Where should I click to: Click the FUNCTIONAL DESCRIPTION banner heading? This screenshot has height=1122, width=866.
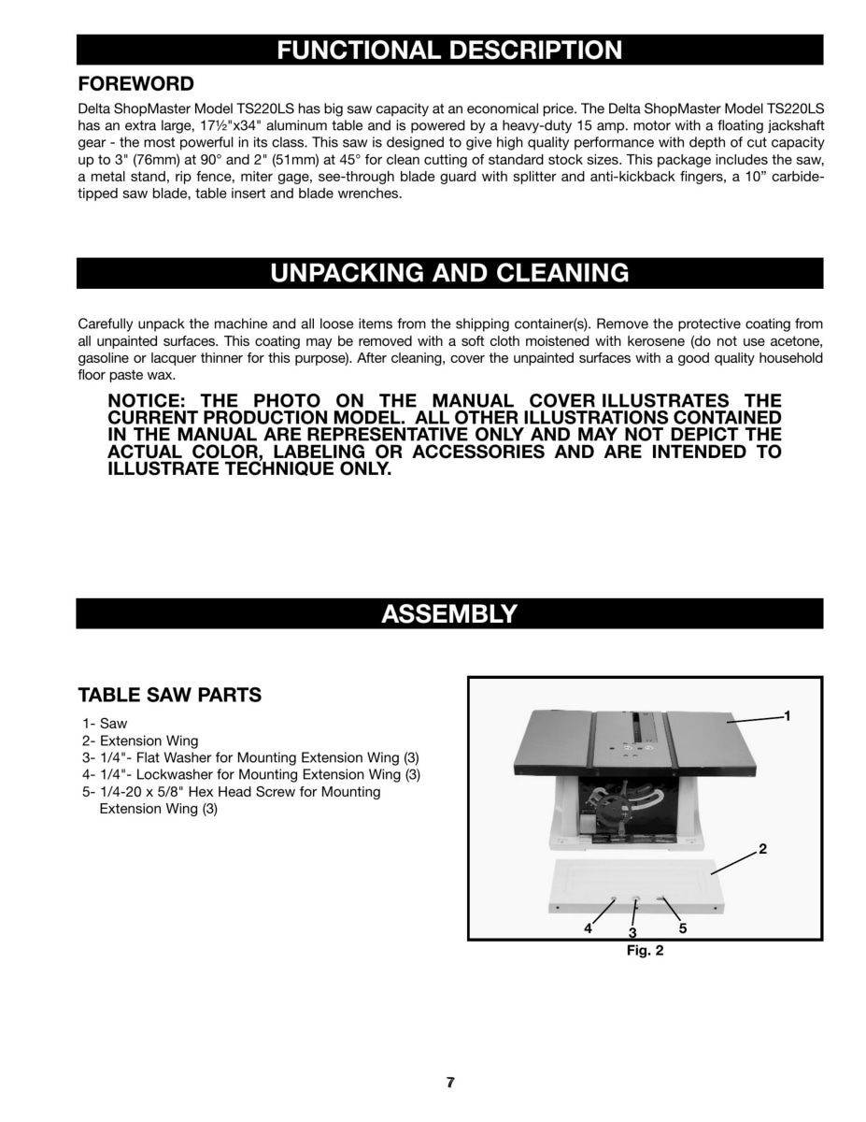click(449, 50)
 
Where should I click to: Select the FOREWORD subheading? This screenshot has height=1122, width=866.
click(135, 84)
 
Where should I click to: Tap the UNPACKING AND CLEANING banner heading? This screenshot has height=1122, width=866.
click(449, 273)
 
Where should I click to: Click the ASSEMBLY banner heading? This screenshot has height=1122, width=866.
click(449, 613)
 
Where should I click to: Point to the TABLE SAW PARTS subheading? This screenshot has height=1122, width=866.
click(169, 696)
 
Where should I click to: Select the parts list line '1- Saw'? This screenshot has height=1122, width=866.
click(105, 724)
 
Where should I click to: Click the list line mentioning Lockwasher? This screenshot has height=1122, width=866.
click(250, 774)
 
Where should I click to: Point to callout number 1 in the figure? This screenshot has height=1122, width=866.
click(788, 715)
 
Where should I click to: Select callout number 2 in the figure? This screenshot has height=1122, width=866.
click(762, 850)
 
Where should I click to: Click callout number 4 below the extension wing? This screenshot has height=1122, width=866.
click(589, 928)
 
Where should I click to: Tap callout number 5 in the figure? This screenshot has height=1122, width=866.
click(683, 928)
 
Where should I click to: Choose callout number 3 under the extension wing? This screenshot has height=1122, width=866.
click(632, 933)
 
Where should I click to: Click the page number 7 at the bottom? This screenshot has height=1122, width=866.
click(450, 1083)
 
